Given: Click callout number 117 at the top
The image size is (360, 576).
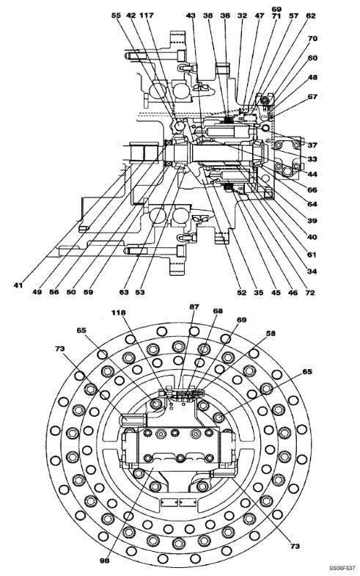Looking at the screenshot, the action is point(147,15).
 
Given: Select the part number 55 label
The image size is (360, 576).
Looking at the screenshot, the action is point(116,15).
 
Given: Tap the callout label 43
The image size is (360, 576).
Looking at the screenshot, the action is point(191,15).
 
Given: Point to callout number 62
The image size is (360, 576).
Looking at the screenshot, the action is point(311,16).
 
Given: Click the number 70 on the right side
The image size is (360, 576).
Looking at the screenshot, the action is point(312,39).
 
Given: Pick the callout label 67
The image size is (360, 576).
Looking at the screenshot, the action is point(312,97).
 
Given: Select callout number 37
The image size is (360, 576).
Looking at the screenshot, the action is point(312,145).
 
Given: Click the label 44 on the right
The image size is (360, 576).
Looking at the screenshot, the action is point(312,174).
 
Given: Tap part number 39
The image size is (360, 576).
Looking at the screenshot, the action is point(312,221).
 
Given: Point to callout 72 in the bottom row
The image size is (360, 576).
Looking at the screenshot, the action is point(310,293).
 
